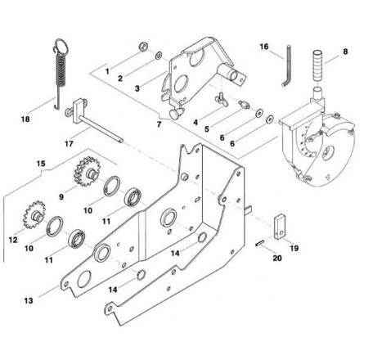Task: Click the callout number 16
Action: (x=264, y=47)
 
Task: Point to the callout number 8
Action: (x=345, y=52)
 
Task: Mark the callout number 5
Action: (x=207, y=129)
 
